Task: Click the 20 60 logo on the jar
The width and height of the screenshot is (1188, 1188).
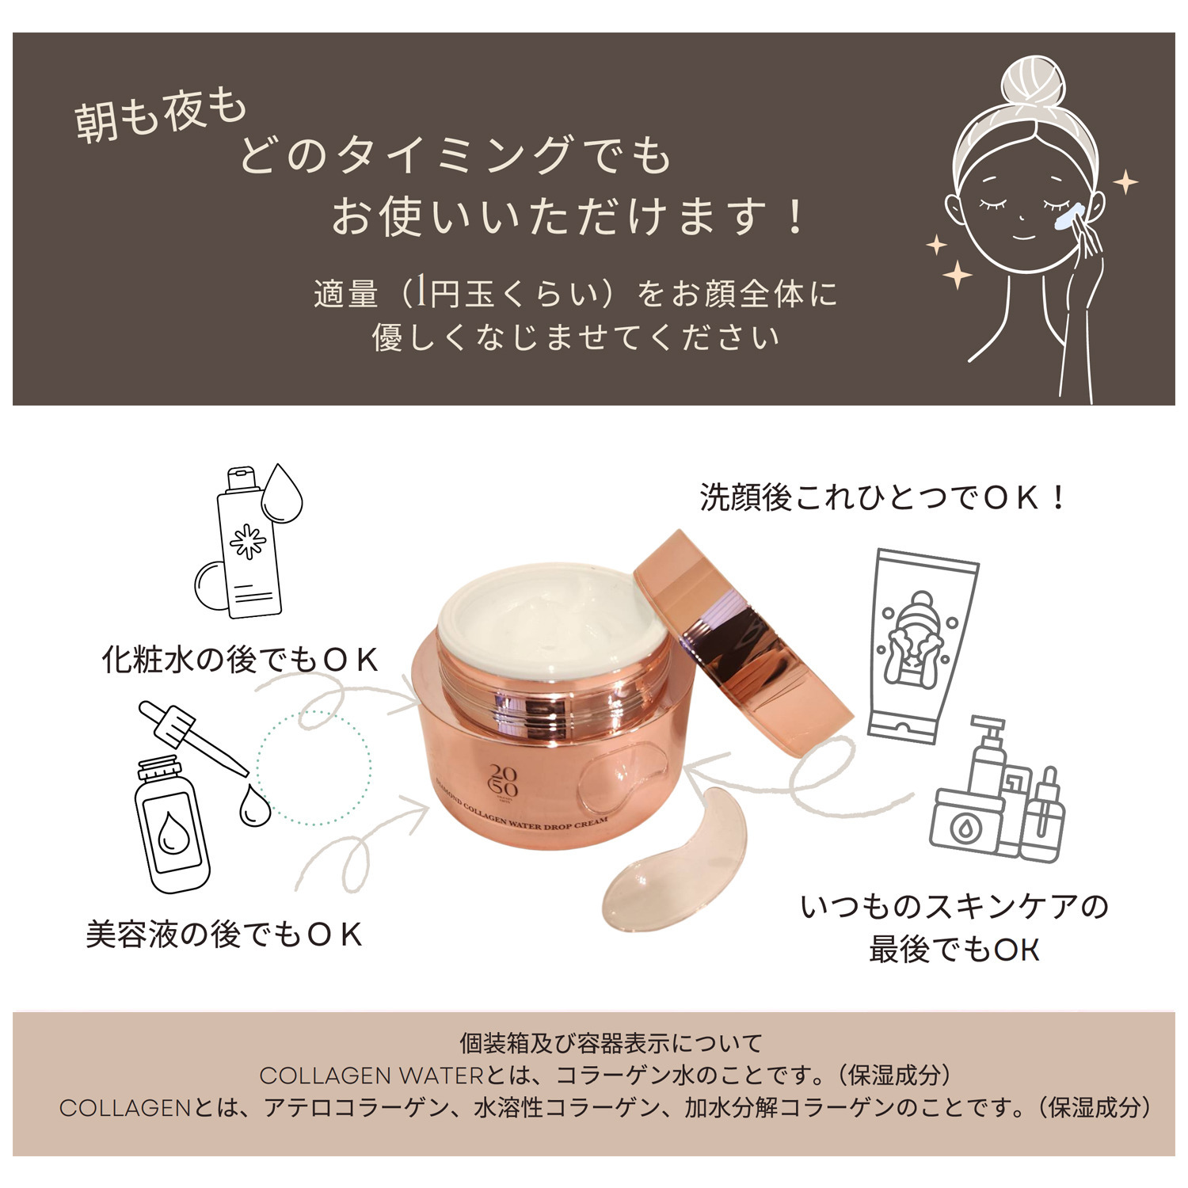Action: pos(504,781)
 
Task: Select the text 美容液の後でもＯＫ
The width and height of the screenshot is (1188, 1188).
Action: pos(224,935)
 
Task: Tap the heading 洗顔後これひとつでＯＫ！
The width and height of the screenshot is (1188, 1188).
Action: pos(883,497)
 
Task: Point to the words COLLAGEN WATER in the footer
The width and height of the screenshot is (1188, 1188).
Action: pos(371,1076)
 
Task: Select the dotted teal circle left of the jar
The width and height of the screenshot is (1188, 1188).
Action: pos(314,767)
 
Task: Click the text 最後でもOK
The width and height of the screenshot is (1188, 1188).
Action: pos(954,949)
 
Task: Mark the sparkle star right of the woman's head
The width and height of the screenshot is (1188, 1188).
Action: pos(1125,182)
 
